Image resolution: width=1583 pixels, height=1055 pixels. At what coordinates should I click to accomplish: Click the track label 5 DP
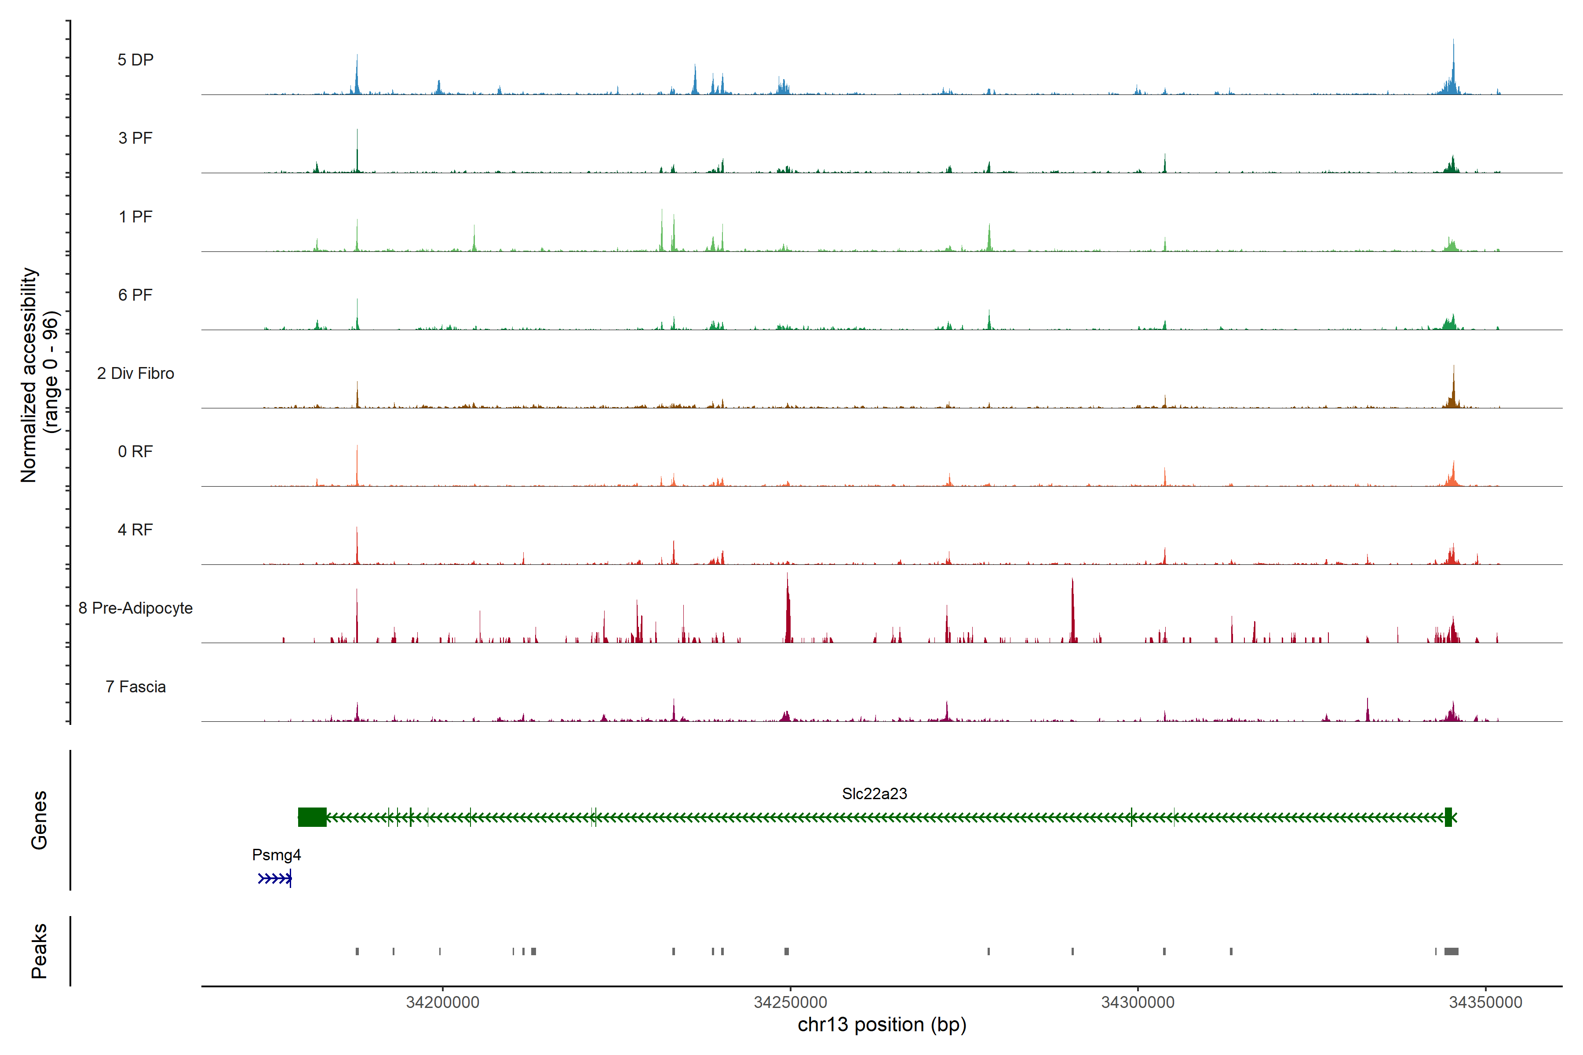pos(135,60)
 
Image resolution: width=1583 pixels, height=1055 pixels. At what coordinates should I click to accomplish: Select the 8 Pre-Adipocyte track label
pos(135,608)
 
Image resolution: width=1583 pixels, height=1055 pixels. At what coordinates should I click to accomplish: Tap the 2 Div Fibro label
pos(135,373)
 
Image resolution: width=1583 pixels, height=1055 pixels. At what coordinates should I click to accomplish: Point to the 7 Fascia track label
pos(135,687)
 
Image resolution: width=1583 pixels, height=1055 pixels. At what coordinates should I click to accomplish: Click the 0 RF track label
pos(135,451)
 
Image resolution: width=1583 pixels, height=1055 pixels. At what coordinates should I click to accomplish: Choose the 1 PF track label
pos(135,217)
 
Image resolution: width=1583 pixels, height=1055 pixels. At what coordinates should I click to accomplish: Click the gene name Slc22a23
pos(874,794)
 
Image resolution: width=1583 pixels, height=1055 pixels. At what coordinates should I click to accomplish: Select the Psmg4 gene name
pos(276,855)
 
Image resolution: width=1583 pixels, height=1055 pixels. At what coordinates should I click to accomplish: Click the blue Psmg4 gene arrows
pos(274,879)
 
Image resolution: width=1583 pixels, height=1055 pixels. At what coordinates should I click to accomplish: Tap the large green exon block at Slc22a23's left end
pos(312,818)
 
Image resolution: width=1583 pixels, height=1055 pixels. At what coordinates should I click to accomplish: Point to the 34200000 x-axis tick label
pos(442,1003)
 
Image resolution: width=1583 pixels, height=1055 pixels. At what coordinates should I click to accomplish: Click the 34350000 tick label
pos(1485,1003)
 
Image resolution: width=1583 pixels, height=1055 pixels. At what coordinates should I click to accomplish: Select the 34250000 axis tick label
pos(790,1003)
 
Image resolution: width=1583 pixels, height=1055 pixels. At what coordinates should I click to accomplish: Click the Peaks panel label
pos(39,951)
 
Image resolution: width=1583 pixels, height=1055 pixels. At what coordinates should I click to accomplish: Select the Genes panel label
pos(39,820)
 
